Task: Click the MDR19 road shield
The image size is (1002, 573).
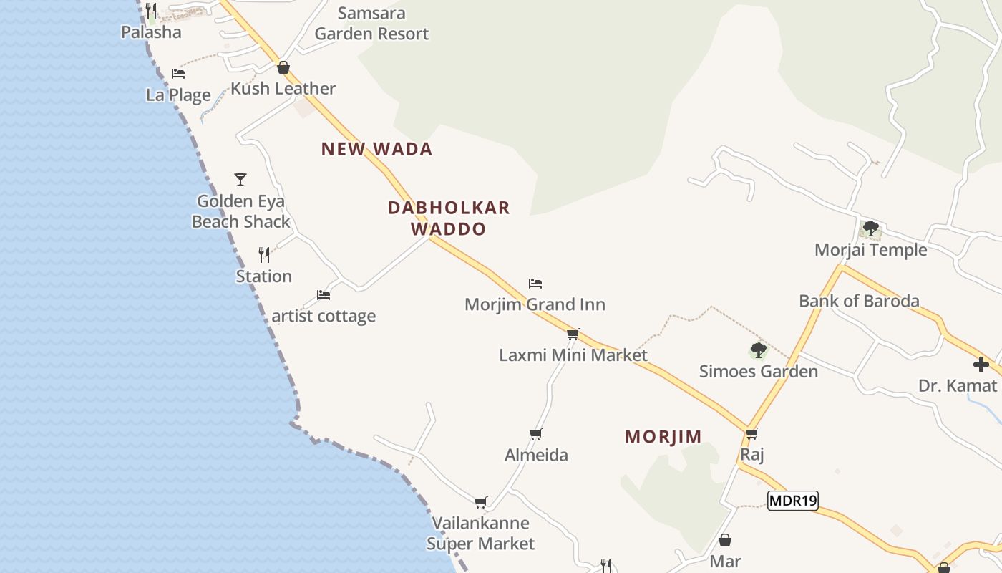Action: (792, 501)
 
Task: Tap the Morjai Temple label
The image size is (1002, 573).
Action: (870, 250)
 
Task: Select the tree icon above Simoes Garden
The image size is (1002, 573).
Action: (758, 350)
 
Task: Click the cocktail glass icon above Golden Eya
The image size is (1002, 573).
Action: (240, 179)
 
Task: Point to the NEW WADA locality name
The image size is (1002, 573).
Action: (376, 149)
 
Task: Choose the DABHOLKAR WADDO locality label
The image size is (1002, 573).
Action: (449, 218)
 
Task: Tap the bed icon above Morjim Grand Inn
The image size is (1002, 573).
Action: (535, 284)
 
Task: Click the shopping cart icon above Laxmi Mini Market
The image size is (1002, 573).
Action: (573, 334)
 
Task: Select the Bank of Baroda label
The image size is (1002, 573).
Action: (859, 301)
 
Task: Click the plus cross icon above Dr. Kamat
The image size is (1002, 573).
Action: (981, 365)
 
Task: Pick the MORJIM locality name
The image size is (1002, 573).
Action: (663, 436)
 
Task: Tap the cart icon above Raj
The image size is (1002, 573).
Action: (751, 433)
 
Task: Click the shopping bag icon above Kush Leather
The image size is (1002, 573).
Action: (283, 67)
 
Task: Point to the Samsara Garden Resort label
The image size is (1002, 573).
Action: (371, 24)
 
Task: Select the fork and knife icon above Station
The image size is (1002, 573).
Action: (264, 254)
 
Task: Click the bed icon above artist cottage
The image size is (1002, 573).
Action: (324, 294)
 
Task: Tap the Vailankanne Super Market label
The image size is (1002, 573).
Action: (480, 534)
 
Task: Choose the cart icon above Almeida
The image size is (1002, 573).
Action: (535, 433)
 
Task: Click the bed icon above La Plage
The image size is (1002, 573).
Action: (178, 73)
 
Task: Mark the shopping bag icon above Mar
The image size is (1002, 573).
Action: (725, 540)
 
